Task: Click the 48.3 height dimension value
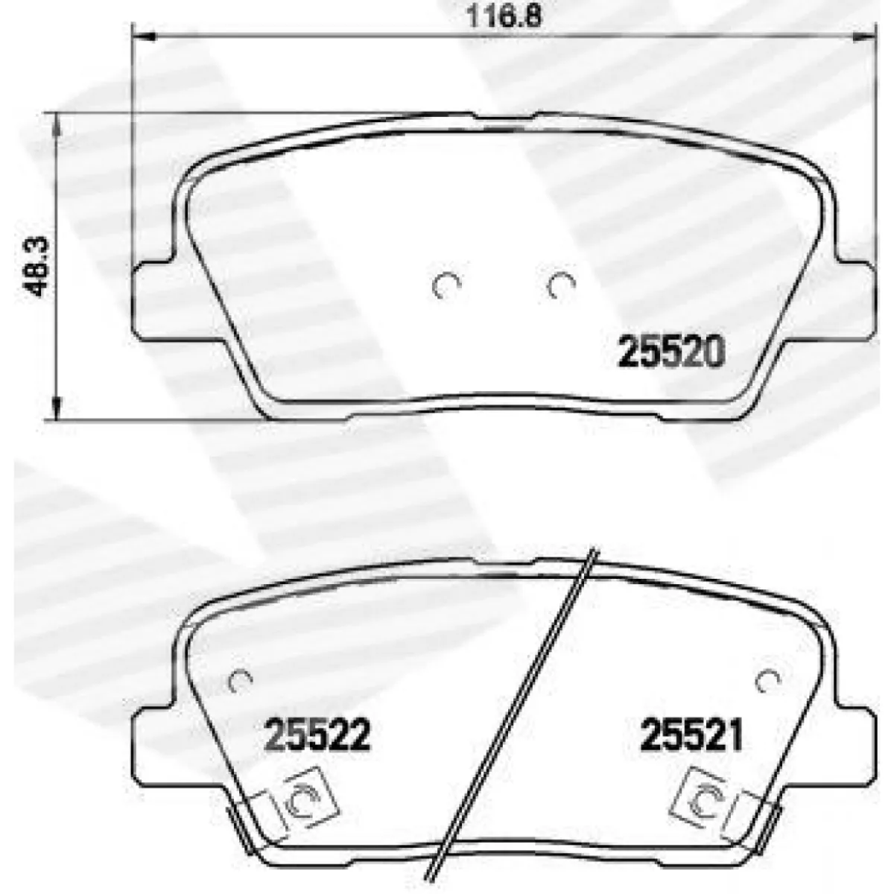click(35, 266)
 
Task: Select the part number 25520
click(670, 352)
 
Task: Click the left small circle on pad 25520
click(446, 285)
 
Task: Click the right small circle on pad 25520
click(562, 285)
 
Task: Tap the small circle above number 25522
click(241, 681)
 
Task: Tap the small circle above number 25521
click(768, 681)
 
